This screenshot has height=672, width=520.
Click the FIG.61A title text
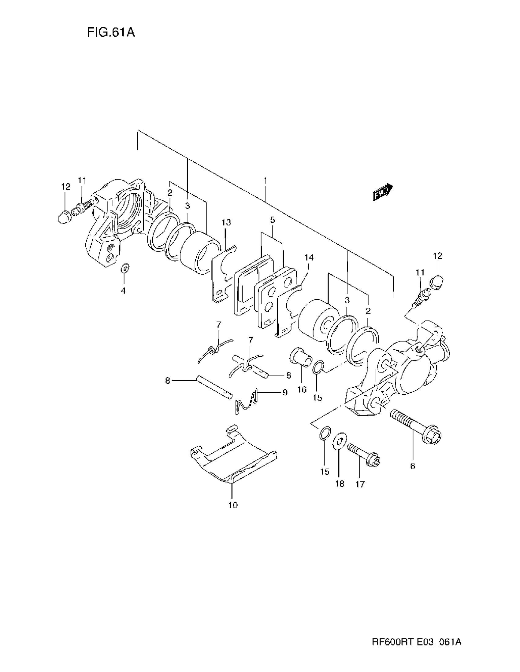[111, 32]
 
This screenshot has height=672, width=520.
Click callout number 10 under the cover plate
[233, 505]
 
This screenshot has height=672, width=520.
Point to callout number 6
[413, 466]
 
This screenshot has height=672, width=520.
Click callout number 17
[360, 484]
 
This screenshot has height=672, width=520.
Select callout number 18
[340, 484]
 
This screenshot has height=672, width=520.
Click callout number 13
[226, 222]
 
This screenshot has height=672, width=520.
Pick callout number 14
[309, 257]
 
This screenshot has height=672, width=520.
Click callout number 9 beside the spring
[285, 392]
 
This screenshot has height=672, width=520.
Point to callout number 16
[302, 389]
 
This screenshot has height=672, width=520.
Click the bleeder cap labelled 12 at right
[437, 281]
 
